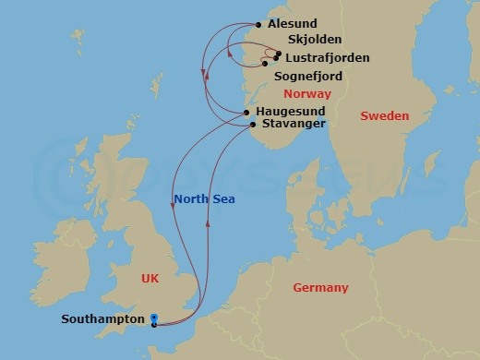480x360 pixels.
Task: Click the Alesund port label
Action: (x=293, y=25)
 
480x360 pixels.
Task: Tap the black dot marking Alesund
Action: (x=258, y=25)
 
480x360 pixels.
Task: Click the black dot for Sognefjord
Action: (x=265, y=64)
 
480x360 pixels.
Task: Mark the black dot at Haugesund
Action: (x=247, y=113)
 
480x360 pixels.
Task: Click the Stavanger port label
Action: (x=293, y=122)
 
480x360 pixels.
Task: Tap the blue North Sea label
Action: (x=203, y=199)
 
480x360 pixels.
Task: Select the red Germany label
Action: (x=320, y=288)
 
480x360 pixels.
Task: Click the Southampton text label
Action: (x=102, y=319)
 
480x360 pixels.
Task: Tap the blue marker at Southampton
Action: (x=153, y=318)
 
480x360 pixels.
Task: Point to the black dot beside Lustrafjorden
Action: (x=275, y=58)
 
